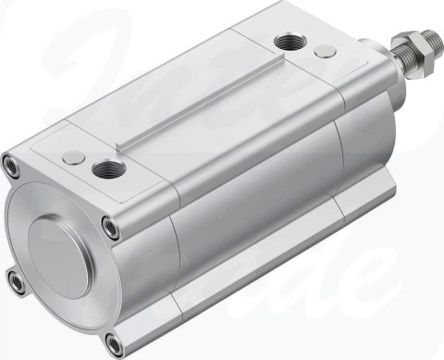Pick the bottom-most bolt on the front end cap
point(114,346)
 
